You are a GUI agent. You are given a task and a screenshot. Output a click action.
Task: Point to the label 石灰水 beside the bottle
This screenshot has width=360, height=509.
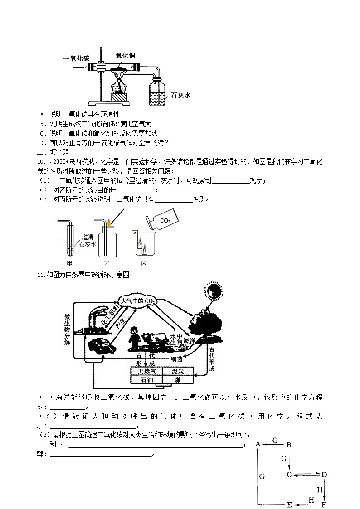click(180, 96)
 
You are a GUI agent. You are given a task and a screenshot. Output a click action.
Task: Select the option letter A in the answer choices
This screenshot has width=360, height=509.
click(42, 115)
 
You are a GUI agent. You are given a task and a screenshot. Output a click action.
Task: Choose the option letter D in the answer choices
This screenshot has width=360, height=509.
click(42, 143)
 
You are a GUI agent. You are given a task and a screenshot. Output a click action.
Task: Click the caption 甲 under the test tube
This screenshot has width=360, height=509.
click(69, 263)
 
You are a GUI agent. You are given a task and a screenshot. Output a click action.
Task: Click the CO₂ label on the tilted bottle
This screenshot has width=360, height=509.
click(165, 221)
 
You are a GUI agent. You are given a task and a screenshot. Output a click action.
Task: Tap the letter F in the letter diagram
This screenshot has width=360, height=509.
click(324, 504)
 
